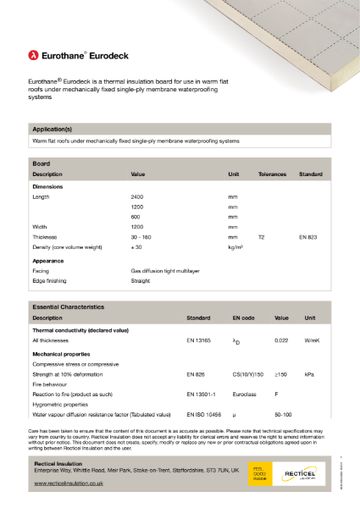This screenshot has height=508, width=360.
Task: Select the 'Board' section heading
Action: [41, 162]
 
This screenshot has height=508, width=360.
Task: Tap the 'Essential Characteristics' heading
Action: [68, 306]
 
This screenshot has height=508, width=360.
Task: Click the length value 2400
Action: [137, 196]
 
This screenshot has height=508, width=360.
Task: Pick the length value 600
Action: [135, 217]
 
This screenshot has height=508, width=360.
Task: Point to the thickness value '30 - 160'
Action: [141, 238]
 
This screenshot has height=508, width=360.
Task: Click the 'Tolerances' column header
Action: [273, 174]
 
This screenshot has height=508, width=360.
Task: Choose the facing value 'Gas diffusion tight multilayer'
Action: [170, 270]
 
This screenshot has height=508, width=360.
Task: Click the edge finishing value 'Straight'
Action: [140, 280]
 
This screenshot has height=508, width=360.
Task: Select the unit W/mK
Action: [312, 340]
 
